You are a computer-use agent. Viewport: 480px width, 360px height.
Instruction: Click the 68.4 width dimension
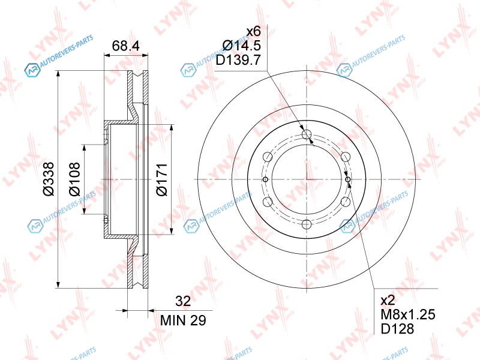tap(126, 46)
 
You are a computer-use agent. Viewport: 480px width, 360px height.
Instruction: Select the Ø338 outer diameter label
tap(49, 179)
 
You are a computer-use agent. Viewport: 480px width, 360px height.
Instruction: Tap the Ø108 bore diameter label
tap(74, 179)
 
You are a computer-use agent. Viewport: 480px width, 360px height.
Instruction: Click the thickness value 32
tap(183, 301)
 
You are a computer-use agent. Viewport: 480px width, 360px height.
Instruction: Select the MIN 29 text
tap(183, 320)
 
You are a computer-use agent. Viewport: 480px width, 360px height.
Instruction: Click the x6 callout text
tap(253, 31)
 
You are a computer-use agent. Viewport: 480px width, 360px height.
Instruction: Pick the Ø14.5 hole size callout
tap(242, 46)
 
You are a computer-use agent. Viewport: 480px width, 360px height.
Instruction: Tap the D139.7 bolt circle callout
tap(238, 60)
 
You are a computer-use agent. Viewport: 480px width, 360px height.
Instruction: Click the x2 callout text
tap(388, 301)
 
